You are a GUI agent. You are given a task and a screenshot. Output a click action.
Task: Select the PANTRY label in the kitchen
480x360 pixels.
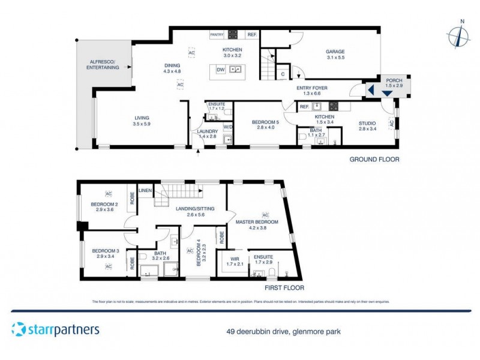pos(217,35)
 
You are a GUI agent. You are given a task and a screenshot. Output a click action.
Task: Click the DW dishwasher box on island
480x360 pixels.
pos(220,70)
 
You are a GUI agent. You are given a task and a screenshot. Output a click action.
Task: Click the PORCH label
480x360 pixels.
pos(394,80)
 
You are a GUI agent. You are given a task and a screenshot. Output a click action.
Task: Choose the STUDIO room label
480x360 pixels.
pos(367,125)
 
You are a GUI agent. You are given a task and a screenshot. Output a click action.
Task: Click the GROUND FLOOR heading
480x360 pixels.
pos(374,160)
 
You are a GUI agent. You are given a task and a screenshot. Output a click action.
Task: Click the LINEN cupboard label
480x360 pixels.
pos(145,190)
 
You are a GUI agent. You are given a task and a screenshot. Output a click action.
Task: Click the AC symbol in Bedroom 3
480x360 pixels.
pos(109,266)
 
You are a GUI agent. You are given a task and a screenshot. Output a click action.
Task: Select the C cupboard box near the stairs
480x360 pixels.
pos(283,74)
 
